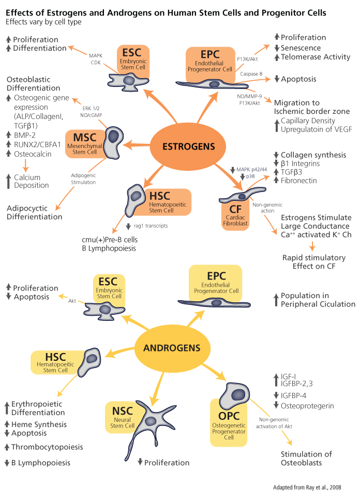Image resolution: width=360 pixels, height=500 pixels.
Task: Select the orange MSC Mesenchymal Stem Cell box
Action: tap(84, 141)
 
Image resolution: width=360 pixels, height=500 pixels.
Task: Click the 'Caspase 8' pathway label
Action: tap(250, 75)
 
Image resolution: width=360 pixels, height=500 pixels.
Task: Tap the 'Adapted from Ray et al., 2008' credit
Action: tap(314, 488)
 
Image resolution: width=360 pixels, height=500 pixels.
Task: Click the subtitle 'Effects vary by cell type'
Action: tap(43, 22)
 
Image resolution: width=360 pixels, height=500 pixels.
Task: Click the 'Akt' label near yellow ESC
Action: tap(72, 300)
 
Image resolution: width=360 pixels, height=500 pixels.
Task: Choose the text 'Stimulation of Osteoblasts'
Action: tap(306, 458)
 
